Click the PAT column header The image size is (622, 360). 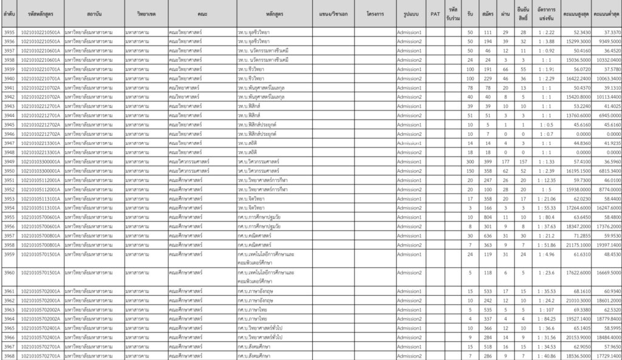point(435,13)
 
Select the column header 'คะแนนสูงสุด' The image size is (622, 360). point(575,13)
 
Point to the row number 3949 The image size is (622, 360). point(9,162)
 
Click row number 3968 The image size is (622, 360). point(9,355)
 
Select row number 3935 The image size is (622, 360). point(9,32)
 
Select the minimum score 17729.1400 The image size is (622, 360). point(607,355)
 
